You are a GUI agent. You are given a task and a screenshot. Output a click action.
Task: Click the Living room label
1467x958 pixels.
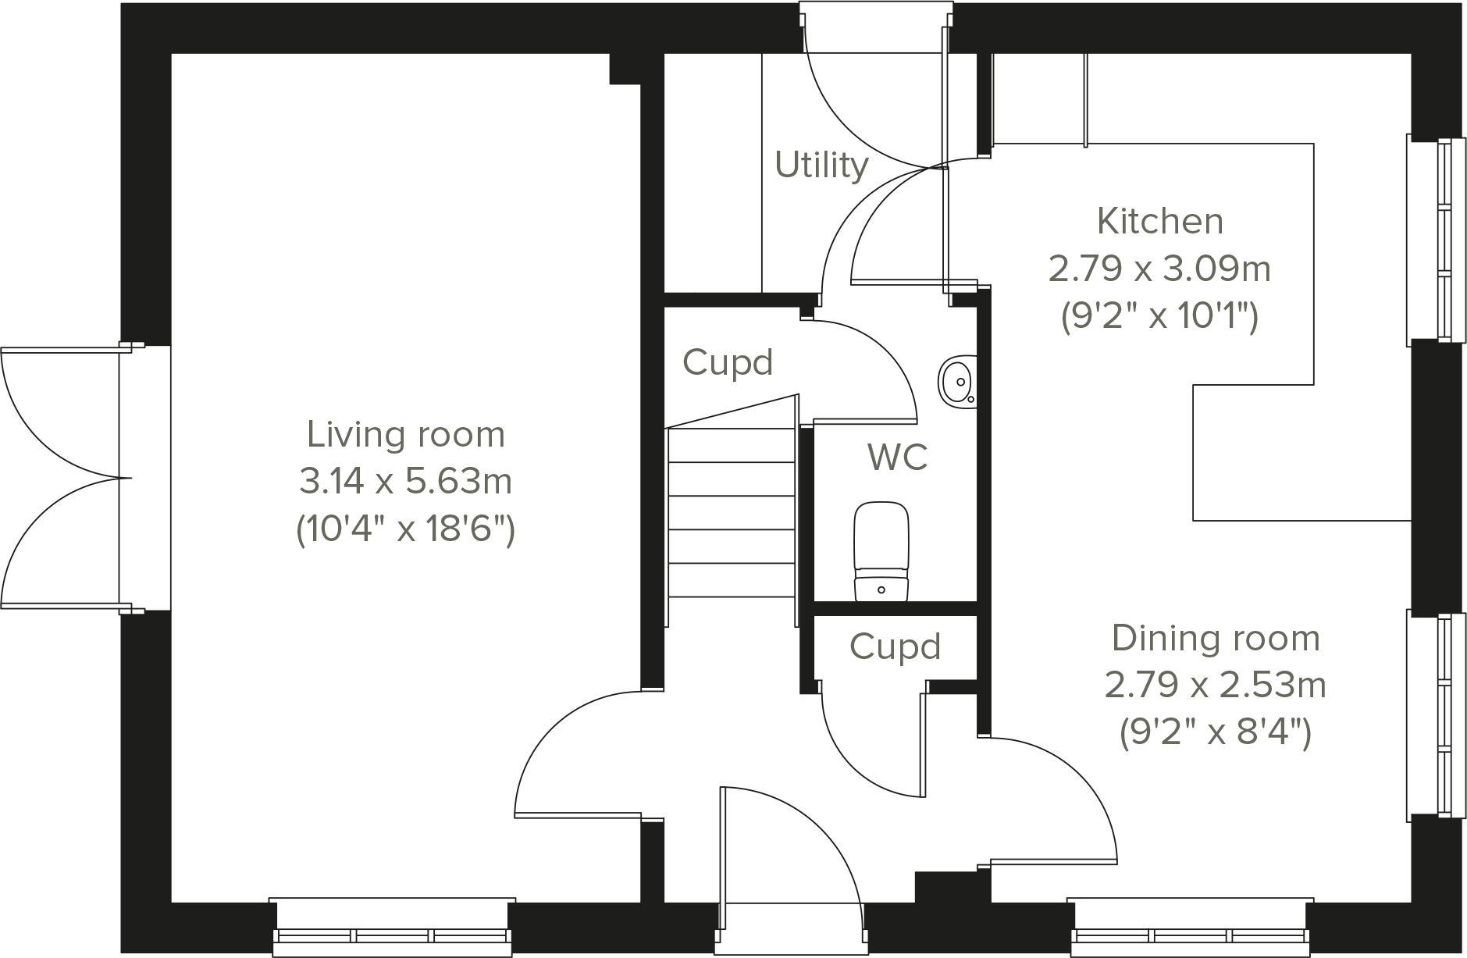(405, 435)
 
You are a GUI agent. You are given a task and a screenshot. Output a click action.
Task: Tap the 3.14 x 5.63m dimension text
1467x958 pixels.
(405, 482)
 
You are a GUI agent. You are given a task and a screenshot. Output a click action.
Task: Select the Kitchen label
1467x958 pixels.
(1159, 222)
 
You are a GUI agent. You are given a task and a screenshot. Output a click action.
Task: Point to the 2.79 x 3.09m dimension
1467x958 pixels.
(1159, 269)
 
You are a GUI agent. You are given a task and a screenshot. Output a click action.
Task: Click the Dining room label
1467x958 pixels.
(1216, 639)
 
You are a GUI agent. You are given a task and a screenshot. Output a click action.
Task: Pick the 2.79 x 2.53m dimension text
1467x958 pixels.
(1216, 686)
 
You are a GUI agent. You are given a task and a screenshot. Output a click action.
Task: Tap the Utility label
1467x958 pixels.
(821, 166)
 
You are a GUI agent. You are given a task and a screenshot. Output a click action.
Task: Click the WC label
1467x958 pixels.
(897, 458)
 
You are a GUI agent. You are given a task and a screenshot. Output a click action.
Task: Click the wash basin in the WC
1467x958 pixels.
(957, 381)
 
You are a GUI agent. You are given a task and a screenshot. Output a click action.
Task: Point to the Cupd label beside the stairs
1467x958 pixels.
(727, 363)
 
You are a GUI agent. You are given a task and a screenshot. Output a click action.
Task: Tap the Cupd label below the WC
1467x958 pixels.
(895, 647)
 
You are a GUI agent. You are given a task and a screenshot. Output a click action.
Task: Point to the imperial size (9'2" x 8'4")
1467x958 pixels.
(1216, 733)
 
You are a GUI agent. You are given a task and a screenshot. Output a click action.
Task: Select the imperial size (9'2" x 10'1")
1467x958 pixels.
(1159, 317)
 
